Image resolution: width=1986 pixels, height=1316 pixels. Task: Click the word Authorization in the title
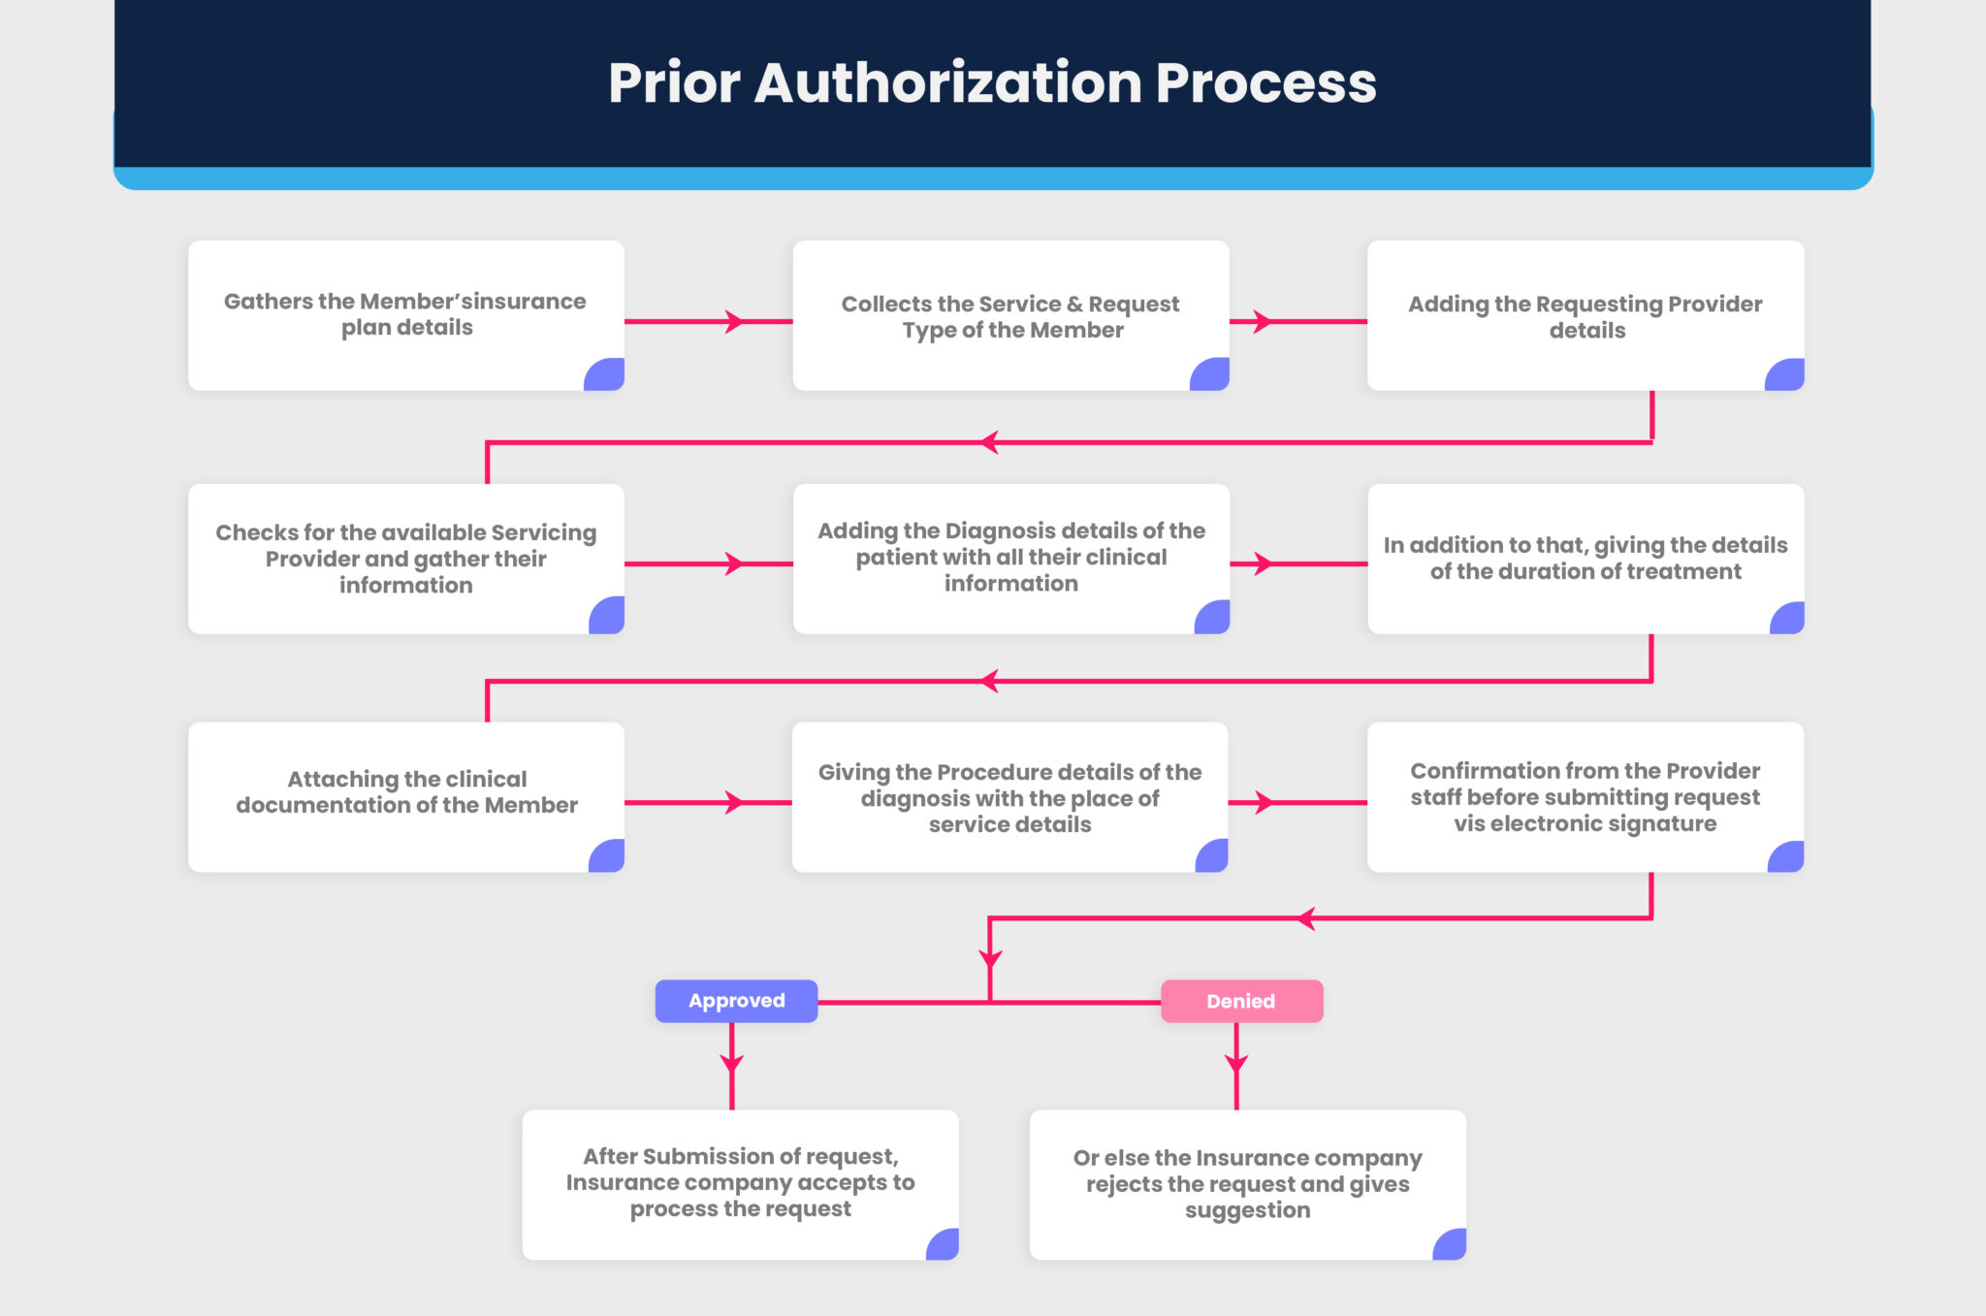948,82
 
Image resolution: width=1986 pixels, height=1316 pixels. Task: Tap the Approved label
736,1001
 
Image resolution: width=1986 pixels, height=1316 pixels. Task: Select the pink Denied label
1241,1001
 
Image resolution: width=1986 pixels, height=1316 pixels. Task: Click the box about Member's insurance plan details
405,315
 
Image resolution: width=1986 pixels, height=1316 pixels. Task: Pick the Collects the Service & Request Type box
1010,316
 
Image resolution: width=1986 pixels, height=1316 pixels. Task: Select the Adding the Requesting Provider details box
1586,316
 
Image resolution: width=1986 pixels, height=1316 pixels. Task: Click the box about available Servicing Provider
405,559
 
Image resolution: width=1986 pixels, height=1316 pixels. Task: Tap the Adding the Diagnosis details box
1010,558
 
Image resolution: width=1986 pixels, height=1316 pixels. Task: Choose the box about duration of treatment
1586,559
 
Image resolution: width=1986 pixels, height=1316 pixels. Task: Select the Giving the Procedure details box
1009,797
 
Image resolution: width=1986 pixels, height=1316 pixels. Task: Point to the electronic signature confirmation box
1586,797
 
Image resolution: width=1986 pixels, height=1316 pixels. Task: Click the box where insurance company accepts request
740,1184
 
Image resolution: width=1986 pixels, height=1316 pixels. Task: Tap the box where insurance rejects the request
1247,1184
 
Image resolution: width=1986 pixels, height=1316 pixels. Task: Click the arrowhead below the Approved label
732,1062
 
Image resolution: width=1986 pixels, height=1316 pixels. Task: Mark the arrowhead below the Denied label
1236,1062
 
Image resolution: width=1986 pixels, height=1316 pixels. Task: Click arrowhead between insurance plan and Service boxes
735,322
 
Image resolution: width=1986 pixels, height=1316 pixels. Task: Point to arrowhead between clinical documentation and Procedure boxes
735,803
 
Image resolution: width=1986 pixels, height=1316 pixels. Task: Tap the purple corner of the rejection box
1451,1245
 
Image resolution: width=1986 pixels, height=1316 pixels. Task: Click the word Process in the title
1265,82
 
